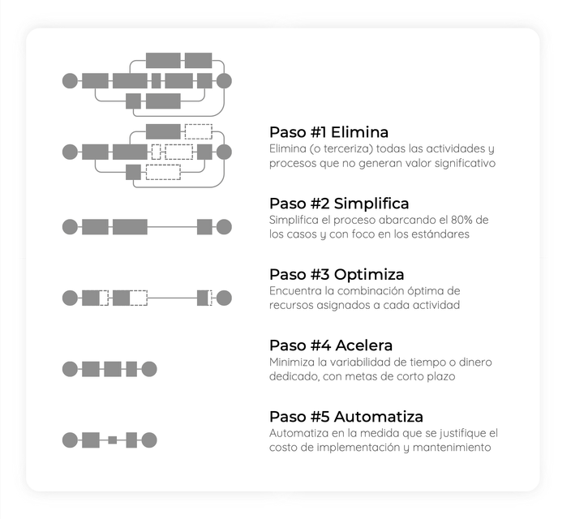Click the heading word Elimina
[359, 132]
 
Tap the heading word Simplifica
[371, 204]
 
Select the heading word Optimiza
[369, 275]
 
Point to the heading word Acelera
[364, 345]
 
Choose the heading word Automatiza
[378, 417]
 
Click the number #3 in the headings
[320, 275]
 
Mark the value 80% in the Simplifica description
[462, 220]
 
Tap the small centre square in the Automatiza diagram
[113, 440]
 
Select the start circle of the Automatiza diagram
[70, 440]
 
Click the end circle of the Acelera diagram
[149, 369]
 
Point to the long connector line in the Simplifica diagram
[172, 227]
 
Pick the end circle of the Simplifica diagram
[224, 227]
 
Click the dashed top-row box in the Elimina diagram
[199, 131]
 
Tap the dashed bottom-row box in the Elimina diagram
[163, 172]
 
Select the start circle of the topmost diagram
[70, 81]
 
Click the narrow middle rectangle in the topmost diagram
[157, 81]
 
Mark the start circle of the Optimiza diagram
[70, 298]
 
